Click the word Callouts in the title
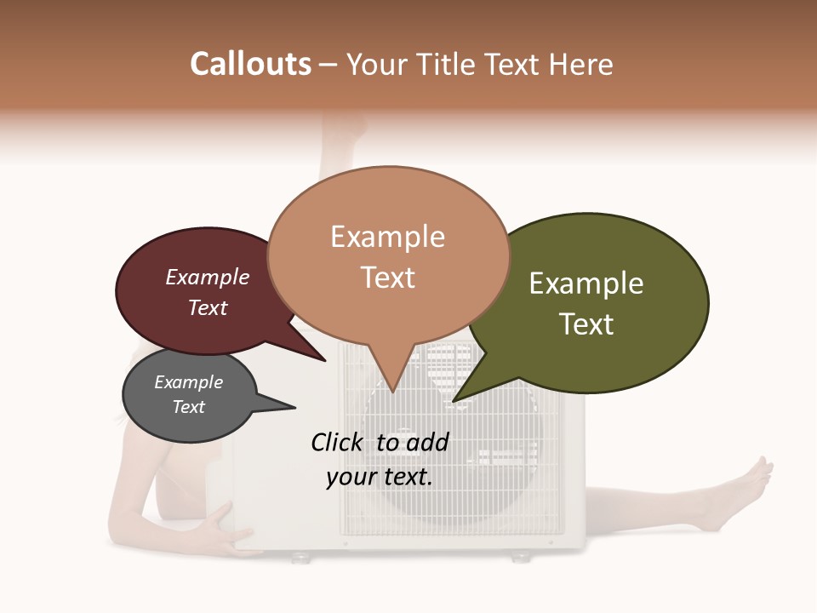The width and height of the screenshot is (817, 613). coord(250,64)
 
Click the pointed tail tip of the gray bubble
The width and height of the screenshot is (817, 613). coord(295,407)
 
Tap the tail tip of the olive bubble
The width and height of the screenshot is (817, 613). coord(454,401)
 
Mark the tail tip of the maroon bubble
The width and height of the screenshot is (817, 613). coord(326,361)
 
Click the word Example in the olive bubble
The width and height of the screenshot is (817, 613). coord(586,284)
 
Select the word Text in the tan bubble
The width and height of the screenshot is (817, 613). coord(388,278)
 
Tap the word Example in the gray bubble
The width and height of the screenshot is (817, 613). coord(189,382)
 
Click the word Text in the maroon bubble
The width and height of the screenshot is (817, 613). coord(208,307)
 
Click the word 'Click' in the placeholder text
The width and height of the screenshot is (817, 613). coord(338,442)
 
